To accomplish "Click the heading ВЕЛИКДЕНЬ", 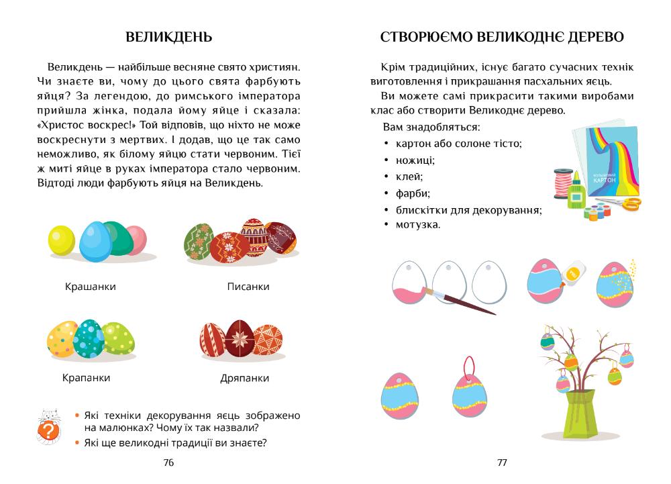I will [168, 38].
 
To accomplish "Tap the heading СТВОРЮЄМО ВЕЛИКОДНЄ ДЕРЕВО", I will [502, 38].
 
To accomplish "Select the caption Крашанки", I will [91, 287].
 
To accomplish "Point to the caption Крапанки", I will [86, 378].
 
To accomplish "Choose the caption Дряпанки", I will [245, 379].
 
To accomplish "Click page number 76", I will [168, 463].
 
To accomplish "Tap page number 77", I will [502, 463].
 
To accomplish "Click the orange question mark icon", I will [47, 430].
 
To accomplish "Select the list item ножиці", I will [415, 160].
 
